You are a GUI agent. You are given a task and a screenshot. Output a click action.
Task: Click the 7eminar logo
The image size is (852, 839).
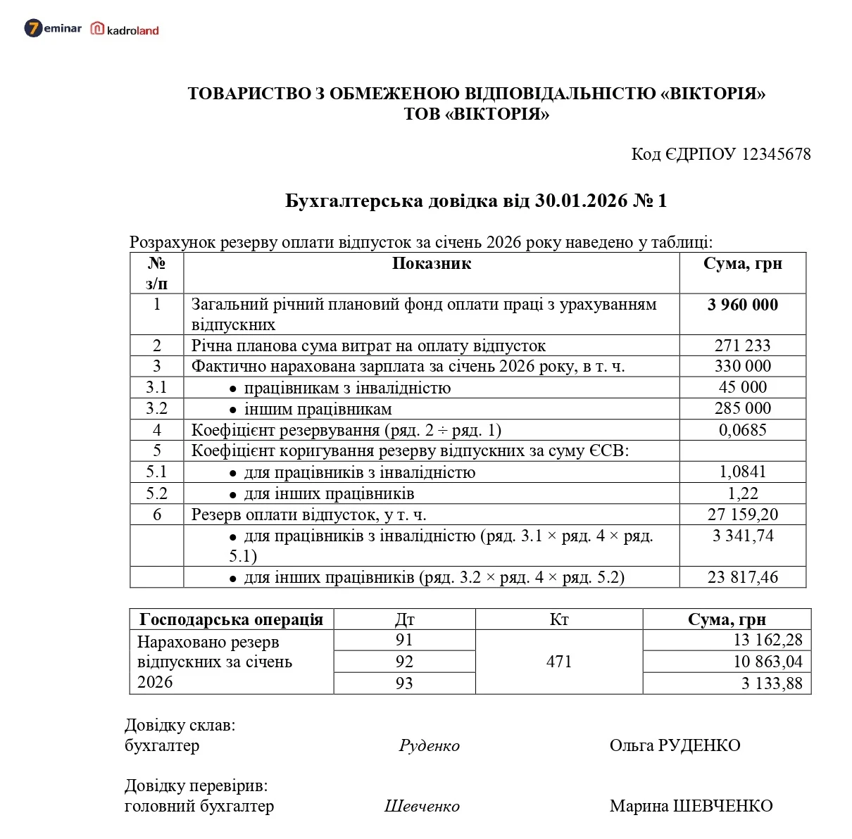[x=53, y=29]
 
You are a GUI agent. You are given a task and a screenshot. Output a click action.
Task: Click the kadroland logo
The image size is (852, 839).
[x=125, y=30]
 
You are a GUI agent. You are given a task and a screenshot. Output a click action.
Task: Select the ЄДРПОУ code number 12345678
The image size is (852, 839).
[x=776, y=154]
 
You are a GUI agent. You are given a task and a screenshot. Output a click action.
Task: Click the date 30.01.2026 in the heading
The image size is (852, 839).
[x=581, y=201]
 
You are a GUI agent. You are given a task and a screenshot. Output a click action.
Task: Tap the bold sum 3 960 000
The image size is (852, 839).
[x=742, y=305]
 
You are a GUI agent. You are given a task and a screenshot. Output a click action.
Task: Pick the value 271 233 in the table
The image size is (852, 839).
[x=742, y=346]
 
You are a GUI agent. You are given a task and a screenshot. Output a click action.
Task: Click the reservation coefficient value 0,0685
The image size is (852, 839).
[x=742, y=430]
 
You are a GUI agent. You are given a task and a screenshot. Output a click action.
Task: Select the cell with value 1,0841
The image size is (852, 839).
[x=742, y=472]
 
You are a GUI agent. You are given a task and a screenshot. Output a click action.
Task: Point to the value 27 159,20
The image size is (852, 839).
[x=742, y=515]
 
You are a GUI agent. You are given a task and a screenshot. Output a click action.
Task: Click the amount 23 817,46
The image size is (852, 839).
[x=742, y=577]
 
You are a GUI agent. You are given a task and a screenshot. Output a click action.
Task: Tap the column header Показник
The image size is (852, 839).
[x=431, y=264]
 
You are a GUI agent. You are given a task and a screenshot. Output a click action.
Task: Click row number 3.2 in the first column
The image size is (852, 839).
[x=156, y=409]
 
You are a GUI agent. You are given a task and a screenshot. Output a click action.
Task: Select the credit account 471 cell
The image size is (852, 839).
[x=558, y=662]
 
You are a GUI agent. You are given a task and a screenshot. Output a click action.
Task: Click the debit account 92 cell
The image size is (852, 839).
[x=404, y=662]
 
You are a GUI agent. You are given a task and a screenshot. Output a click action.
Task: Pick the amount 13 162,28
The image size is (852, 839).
[x=768, y=641]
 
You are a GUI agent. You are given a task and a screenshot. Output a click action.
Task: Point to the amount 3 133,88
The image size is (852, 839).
[x=771, y=683]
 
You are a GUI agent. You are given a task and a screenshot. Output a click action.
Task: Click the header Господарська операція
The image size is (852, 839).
[x=231, y=619]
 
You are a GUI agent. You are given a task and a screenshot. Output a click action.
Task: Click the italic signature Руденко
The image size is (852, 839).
[x=429, y=746]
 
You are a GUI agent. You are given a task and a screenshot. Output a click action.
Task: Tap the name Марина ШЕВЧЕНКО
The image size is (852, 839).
[x=691, y=806]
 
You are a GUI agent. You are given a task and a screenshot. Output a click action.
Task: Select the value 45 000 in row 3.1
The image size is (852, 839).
[x=742, y=387]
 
